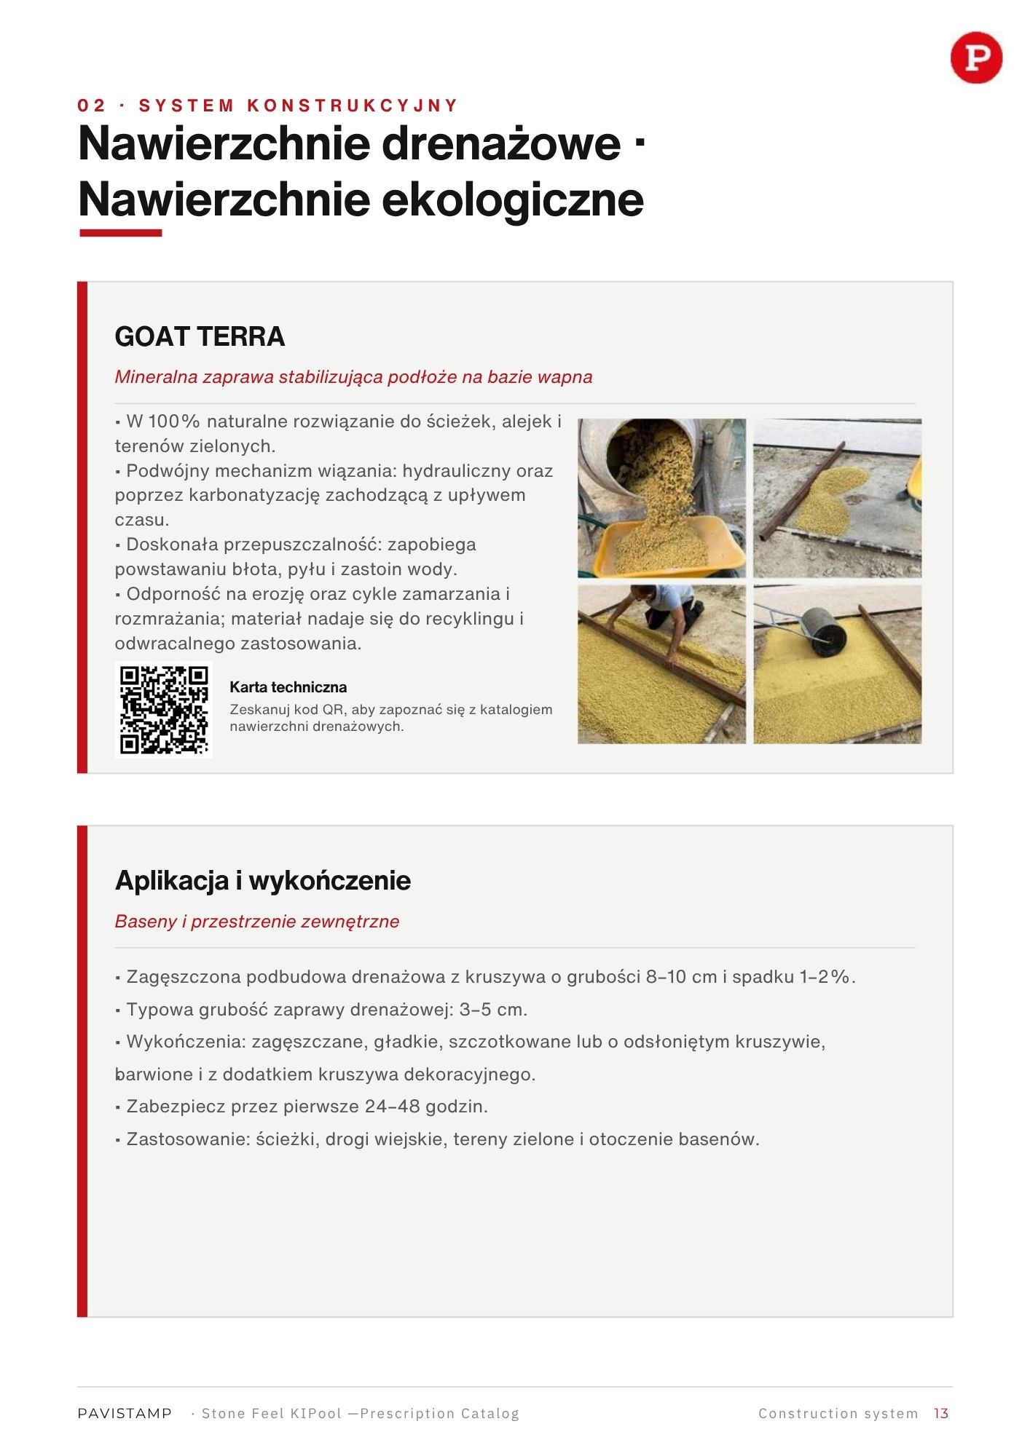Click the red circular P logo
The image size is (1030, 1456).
pyautogui.click(x=976, y=58)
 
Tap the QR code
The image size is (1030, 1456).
pyautogui.click(x=164, y=709)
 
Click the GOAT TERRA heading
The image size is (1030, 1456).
pyautogui.click(x=200, y=336)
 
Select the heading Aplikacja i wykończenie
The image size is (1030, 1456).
pyautogui.click(x=263, y=880)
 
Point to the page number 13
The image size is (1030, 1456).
pyautogui.click(x=941, y=1413)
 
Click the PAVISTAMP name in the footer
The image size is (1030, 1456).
pyautogui.click(x=125, y=1413)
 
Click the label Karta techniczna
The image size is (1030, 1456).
pyautogui.click(x=288, y=687)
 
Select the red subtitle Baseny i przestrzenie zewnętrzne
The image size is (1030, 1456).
pyautogui.click(x=257, y=921)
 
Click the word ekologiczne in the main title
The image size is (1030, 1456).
pyautogui.click(x=513, y=199)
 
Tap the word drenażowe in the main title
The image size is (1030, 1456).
pyautogui.click(x=501, y=143)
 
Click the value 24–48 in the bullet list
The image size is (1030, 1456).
pyautogui.click(x=393, y=1107)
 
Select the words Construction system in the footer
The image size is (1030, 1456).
pyautogui.click(x=838, y=1413)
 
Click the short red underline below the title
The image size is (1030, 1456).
pyautogui.click(x=120, y=233)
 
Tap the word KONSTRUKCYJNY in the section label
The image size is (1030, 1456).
pyautogui.click(x=353, y=106)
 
